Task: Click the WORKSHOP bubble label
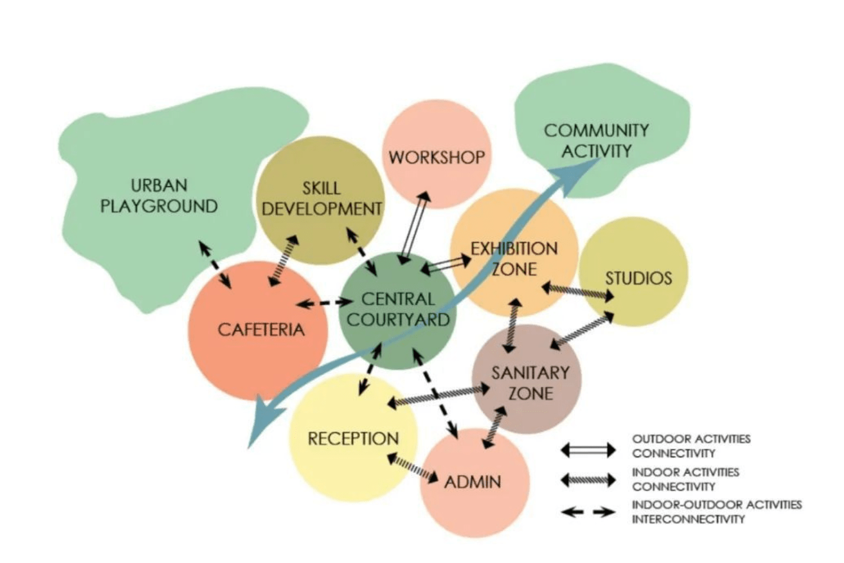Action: point(437,157)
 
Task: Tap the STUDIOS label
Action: point(639,278)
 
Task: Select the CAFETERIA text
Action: point(261,329)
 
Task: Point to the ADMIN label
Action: point(473,482)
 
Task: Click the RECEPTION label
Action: point(353,439)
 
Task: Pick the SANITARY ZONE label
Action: point(530,383)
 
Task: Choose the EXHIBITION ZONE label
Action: point(514,258)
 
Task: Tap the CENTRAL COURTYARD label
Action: point(398,309)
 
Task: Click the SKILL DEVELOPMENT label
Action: point(321,198)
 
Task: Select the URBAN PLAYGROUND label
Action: point(159,195)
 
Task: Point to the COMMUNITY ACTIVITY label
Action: point(596,141)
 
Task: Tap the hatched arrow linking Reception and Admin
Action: point(412,468)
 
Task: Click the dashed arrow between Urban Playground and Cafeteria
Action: point(215,264)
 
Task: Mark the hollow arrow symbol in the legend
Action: point(588,449)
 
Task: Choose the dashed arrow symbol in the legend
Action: point(588,512)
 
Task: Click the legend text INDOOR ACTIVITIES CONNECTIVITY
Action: point(685,479)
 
